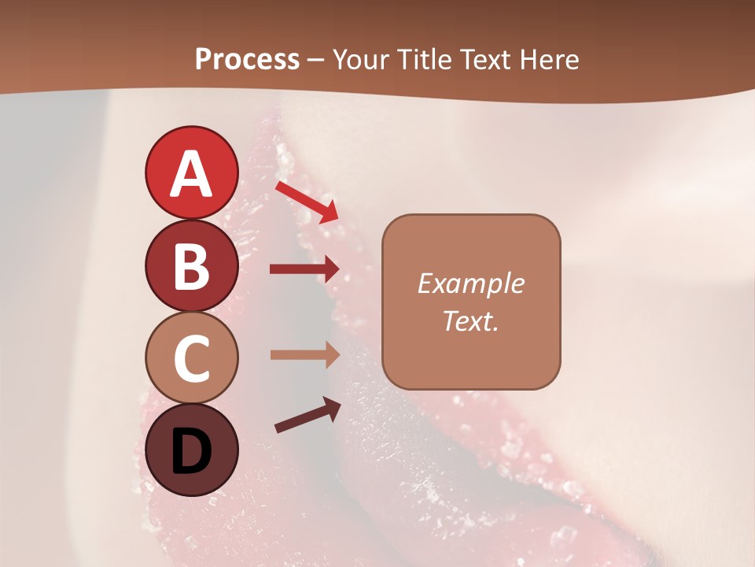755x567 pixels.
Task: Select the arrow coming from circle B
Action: click(304, 269)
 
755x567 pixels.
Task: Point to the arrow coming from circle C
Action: click(304, 354)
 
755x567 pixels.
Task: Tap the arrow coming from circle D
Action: click(308, 415)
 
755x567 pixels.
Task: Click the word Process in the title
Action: click(247, 59)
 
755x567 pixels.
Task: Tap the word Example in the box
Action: click(470, 283)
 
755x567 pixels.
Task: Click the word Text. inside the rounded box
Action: click(470, 321)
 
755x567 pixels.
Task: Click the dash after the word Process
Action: click(316, 61)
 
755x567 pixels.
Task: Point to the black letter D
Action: click(191, 451)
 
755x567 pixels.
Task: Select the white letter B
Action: click(191, 266)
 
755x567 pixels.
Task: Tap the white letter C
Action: click(191, 358)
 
